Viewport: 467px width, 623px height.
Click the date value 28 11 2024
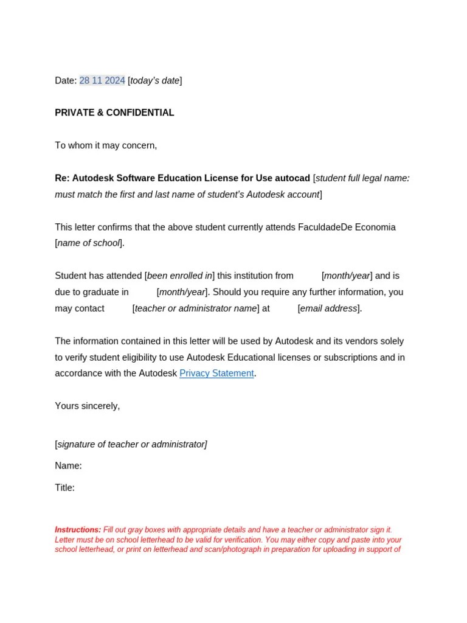[102, 80]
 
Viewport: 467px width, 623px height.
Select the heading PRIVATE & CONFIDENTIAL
[114, 113]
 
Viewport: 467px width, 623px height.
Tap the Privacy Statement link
[216, 373]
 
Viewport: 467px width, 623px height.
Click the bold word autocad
[292, 178]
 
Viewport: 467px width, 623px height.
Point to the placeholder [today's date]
[155, 80]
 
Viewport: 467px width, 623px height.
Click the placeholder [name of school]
[89, 243]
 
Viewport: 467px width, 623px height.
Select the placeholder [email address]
[330, 308]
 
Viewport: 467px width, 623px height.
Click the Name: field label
[68, 465]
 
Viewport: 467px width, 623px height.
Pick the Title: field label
[64, 487]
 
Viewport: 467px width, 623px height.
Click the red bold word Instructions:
[78, 530]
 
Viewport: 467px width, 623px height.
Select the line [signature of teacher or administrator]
[131, 444]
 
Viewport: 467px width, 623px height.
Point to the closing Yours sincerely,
[88, 406]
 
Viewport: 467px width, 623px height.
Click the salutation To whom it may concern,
[106, 145]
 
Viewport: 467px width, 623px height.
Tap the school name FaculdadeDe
[322, 227]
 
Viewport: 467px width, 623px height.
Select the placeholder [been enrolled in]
[179, 276]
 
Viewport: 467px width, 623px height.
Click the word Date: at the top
[66, 80]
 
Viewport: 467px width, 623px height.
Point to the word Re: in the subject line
[62, 178]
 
